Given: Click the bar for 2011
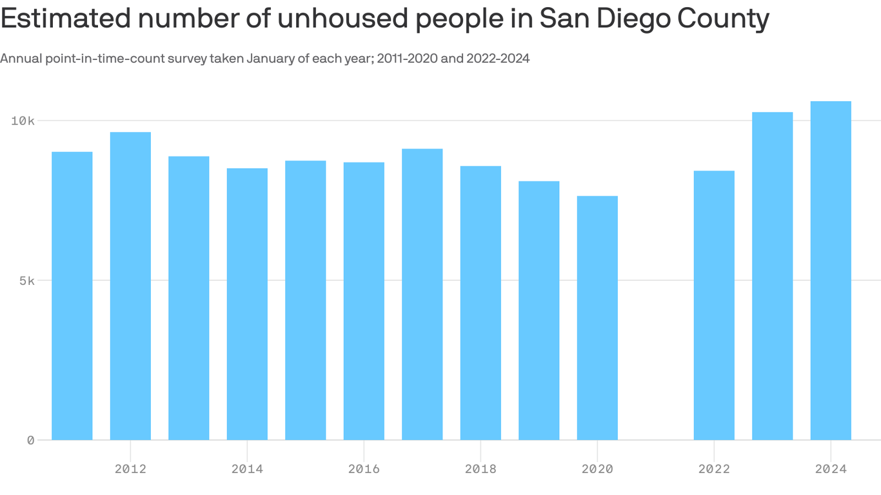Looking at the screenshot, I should click(x=72, y=296).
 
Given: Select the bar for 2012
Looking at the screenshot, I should click(x=130, y=286).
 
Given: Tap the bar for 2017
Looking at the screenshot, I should click(x=422, y=295).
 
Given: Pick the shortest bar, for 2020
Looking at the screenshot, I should click(x=597, y=318).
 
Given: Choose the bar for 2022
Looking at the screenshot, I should click(x=714, y=306).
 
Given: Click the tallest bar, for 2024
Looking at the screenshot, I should click(x=831, y=271).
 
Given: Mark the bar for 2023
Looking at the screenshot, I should click(x=772, y=276).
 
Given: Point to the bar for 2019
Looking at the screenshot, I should click(x=539, y=311).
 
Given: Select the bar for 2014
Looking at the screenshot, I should click(x=247, y=304).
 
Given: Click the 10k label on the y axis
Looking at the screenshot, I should click(x=22, y=121).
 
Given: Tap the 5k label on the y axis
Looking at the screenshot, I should click(x=26, y=280).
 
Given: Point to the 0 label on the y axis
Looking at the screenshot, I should click(x=30, y=440).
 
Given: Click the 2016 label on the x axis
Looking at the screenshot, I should click(x=364, y=469).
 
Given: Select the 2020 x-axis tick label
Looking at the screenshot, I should click(x=597, y=469).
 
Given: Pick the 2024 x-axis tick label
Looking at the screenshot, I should click(x=831, y=469).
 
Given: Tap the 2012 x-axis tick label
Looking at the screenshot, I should click(x=130, y=469).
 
